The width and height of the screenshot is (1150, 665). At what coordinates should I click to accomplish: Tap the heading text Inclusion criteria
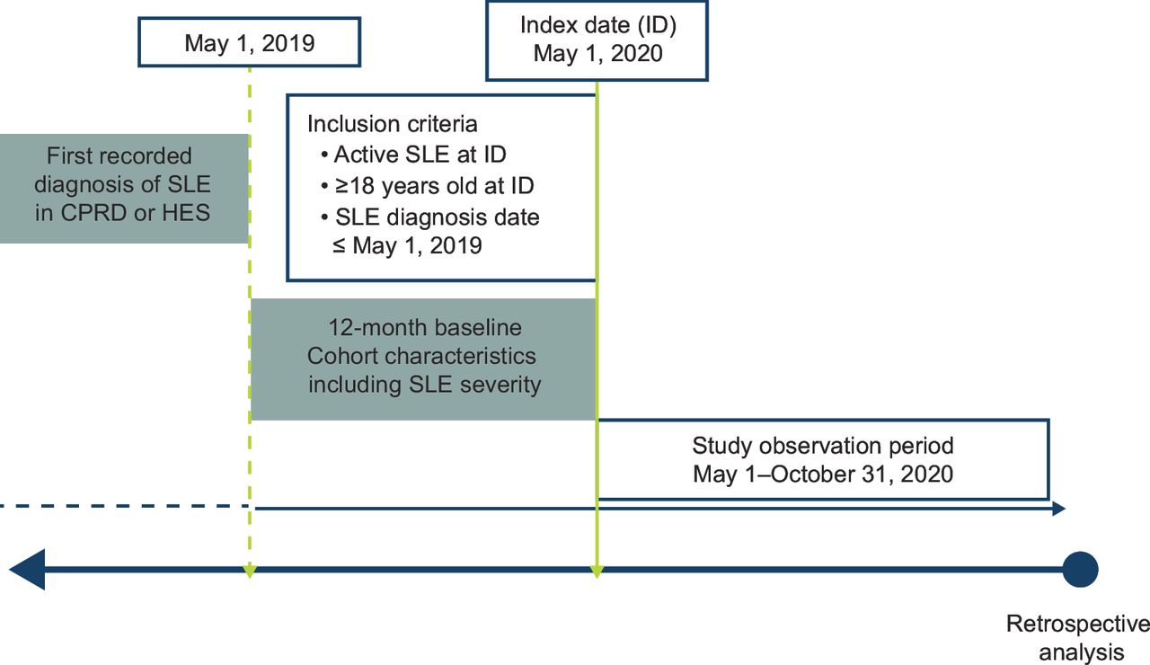(x=393, y=124)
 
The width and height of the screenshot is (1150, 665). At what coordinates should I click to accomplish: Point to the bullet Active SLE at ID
(x=413, y=154)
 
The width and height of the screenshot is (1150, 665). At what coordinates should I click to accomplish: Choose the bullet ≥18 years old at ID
(x=427, y=185)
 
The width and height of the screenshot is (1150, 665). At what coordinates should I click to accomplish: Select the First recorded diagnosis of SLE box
(x=124, y=189)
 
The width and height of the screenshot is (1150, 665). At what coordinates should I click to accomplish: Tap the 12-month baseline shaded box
(x=423, y=359)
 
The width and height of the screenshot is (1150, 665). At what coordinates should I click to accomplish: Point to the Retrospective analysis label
(x=1078, y=638)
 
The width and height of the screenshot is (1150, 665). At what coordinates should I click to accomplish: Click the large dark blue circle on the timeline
(x=1080, y=570)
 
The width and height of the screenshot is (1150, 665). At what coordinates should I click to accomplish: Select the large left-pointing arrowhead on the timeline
(x=27, y=570)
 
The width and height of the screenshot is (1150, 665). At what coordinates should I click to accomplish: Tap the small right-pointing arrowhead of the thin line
(x=1059, y=509)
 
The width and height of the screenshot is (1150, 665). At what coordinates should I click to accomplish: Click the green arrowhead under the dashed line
(x=249, y=571)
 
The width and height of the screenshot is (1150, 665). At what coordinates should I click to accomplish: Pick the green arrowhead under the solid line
(x=596, y=571)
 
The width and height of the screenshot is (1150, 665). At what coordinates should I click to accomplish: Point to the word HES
(x=186, y=213)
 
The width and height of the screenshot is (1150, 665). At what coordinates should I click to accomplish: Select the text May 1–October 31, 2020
(x=823, y=474)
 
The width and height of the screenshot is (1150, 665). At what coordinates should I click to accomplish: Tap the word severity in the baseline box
(x=500, y=385)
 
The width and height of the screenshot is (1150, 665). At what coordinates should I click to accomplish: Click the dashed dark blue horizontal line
(x=125, y=506)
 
